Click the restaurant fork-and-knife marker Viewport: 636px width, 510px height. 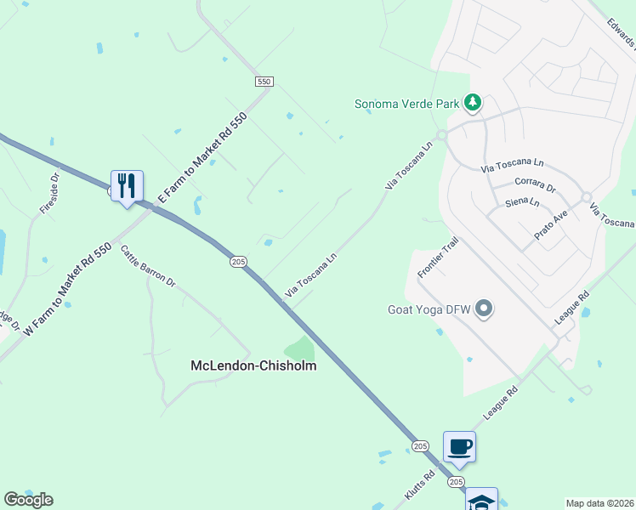(127, 185)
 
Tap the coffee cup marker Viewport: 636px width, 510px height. (459, 446)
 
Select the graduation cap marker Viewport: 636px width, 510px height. (481, 500)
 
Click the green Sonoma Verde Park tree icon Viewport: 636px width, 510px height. (474, 104)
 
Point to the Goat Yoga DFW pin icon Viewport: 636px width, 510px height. (484, 308)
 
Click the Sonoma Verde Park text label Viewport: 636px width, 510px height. (406, 104)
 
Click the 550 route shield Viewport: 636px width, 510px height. (264, 81)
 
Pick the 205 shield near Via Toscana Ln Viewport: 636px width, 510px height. (238, 262)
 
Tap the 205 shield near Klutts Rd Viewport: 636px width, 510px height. (420, 445)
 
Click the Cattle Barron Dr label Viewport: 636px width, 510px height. (147, 265)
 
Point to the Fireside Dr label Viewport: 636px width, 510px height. (49, 193)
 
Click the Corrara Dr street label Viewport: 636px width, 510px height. (535, 186)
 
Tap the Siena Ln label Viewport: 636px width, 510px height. (522, 203)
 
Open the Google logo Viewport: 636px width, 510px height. (28, 500)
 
